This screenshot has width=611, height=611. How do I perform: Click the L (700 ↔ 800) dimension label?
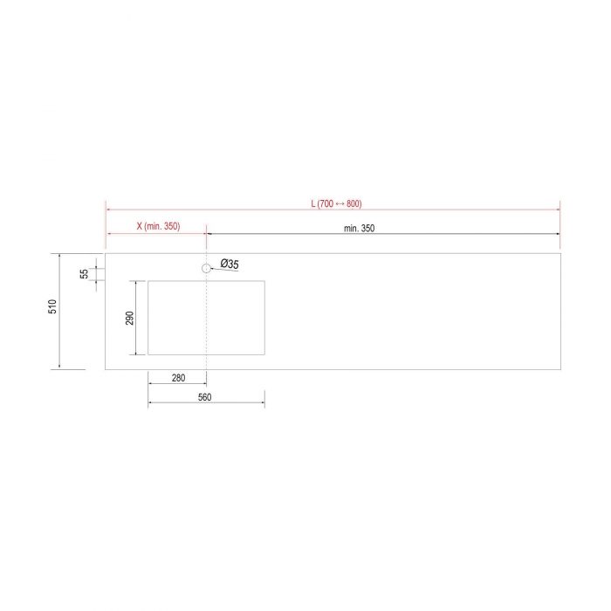click(336, 203)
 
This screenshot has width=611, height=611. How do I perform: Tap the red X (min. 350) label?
click(158, 226)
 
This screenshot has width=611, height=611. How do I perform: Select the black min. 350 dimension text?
click(359, 229)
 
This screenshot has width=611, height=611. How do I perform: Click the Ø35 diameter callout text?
click(230, 264)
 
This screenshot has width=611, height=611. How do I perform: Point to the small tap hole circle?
click(206, 268)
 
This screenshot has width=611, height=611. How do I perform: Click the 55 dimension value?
click(84, 274)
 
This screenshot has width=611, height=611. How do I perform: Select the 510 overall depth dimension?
click(52, 306)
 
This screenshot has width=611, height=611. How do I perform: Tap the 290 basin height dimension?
click(130, 318)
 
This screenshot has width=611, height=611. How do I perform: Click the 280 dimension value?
click(178, 378)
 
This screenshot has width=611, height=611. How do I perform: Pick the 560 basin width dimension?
click(204, 397)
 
